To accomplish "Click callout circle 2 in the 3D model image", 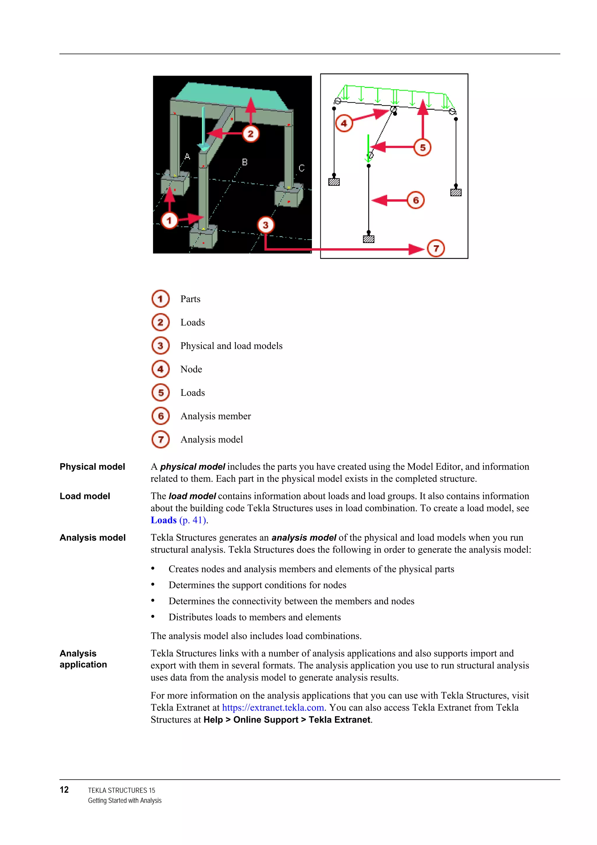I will click(x=250, y=134).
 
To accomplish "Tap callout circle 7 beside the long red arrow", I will click(x=436, y=249).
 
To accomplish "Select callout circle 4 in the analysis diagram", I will click(x=344, y=123).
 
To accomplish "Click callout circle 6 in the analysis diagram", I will click(x=416, y=200).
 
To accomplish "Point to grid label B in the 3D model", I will click(x=245, y=162).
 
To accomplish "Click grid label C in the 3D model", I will click(x=302, y=168).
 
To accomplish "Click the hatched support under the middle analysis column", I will click(x=368, y=239).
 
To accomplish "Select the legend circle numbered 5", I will click(x=161, y=393).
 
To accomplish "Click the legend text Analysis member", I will click(x=215, y=416).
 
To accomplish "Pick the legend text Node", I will click(x=191, y=369).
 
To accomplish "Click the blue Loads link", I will click(x=164, y=520).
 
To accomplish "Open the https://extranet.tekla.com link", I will click(x=273, y=708).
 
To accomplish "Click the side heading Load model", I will click(x=85, y=496).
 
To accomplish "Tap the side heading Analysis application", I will click(x=83, y=659).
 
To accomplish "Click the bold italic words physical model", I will click(x=192, y=467).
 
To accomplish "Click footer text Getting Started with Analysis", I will click(x=125, y=800).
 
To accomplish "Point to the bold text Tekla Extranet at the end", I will click(x=339, y=720).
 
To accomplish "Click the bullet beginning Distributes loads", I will click(x=254, y=617).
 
